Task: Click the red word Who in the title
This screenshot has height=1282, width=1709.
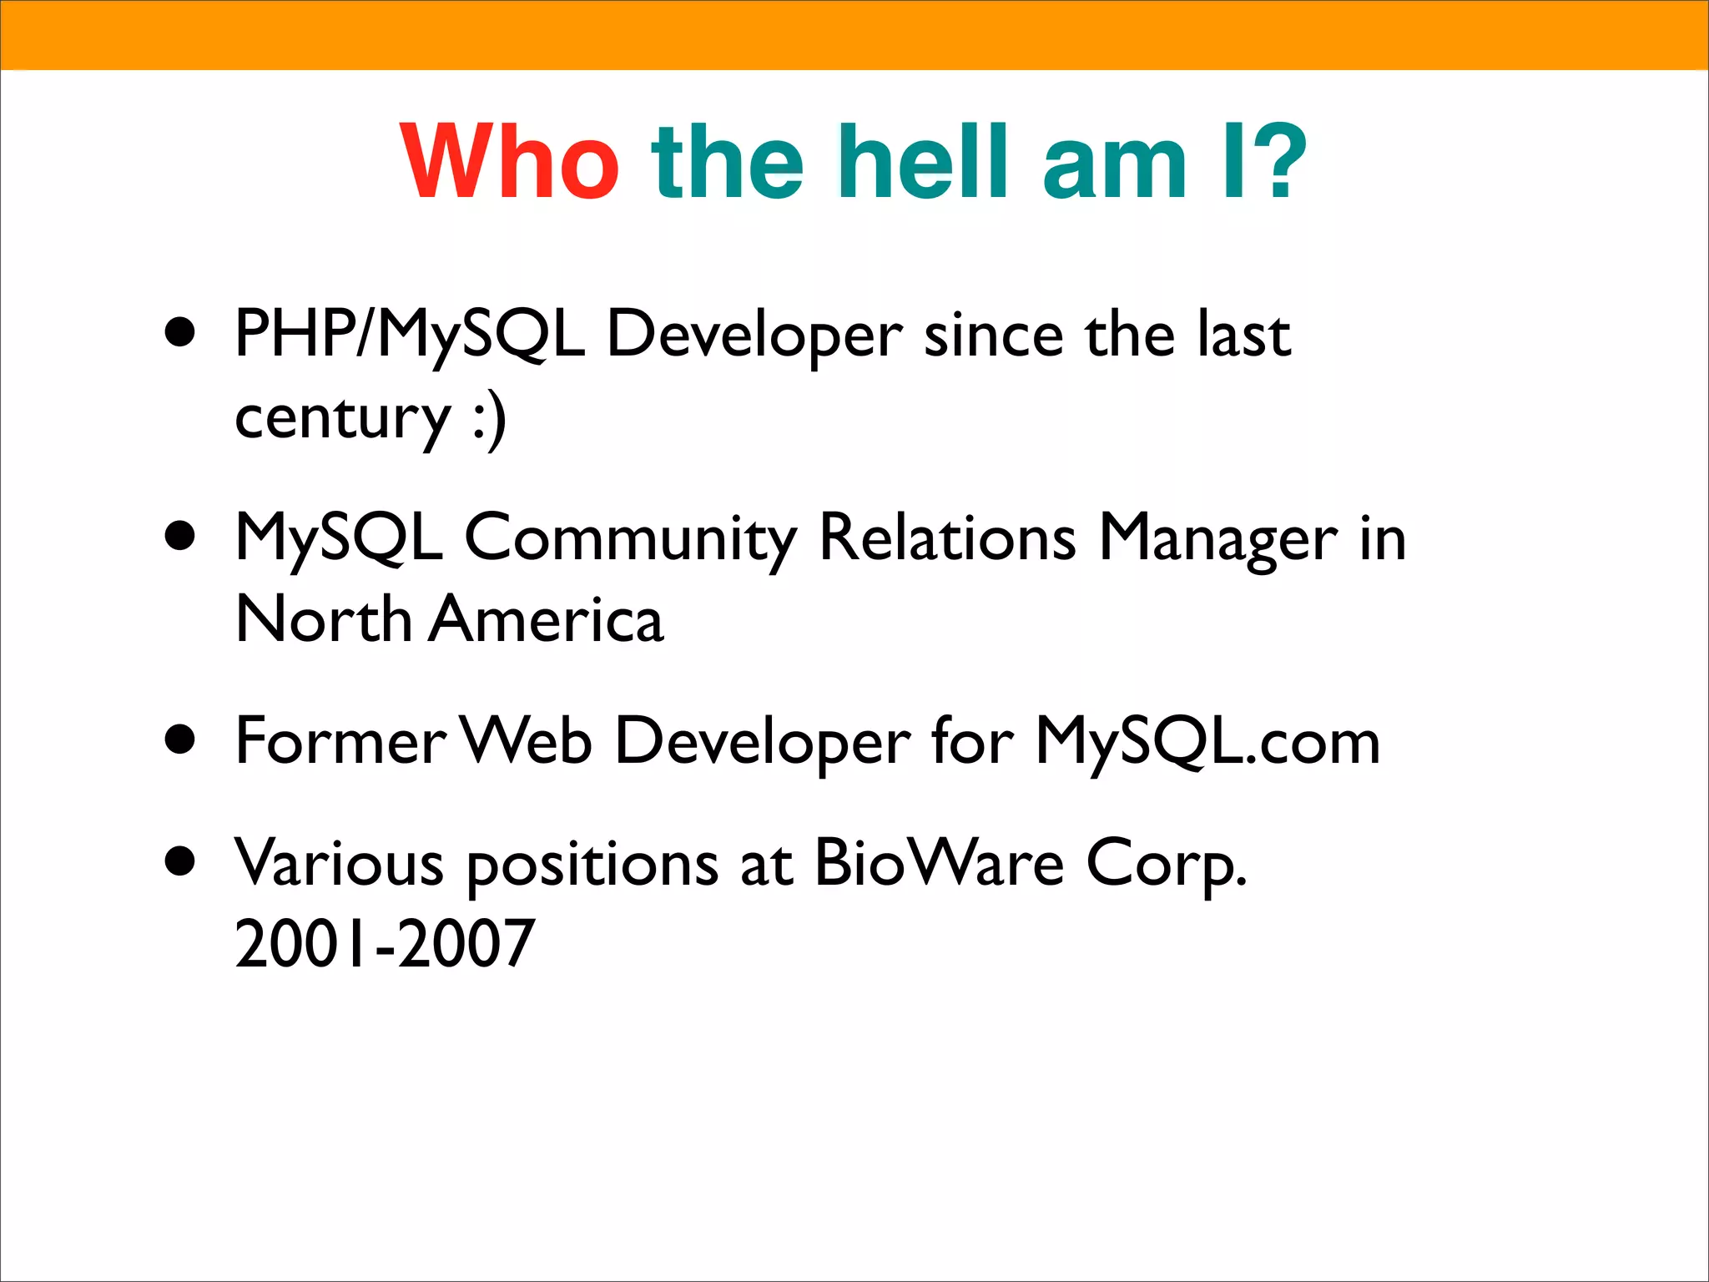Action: tap(510, 162)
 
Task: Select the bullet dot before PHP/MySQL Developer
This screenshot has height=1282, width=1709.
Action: tap(180, 333)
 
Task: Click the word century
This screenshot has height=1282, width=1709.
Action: tap(343, 419)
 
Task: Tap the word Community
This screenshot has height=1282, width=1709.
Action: tap(630, 538)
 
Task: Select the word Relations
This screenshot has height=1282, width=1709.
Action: tap(947, 538)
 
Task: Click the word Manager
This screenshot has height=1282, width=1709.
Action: tap(1217, 538)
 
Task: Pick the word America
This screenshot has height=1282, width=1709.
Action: tap(546, 619)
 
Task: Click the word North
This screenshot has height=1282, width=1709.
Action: tap(324, 619)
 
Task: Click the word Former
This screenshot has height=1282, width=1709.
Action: tap(341, 740)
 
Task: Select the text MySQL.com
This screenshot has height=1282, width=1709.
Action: tap(1207, 741)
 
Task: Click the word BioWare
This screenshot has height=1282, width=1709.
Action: tap(939, 861)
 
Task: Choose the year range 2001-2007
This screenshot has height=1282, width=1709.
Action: tap(385, 943)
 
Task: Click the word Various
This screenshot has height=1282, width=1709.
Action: tap(339, 862)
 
